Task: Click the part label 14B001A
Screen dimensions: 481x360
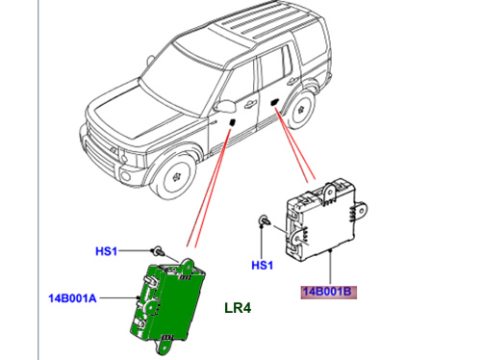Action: coord(72,298)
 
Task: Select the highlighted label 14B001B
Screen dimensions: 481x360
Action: coord(327,292)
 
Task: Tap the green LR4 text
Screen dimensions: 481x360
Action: coord(238,308)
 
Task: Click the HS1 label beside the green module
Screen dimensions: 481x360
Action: coord(107,251)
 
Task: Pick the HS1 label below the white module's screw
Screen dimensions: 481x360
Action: coord(262,266)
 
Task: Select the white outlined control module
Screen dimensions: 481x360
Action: coord(325,219)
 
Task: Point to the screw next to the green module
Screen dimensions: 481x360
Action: coord(158,250)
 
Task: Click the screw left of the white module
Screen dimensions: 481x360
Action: coord(265,221)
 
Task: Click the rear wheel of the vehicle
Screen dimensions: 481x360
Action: coord(301,109)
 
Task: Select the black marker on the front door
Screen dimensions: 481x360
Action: coord(232,122)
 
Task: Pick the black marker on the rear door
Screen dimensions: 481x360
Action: coord(274,103)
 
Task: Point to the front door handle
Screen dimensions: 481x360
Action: coord(249,104)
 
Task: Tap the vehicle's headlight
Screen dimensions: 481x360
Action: coord(132,157)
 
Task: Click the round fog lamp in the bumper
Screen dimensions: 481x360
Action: coord(125,176)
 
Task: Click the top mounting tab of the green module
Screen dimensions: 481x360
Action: coord(187,264)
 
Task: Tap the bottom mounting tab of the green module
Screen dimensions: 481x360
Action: coord(165,347)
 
